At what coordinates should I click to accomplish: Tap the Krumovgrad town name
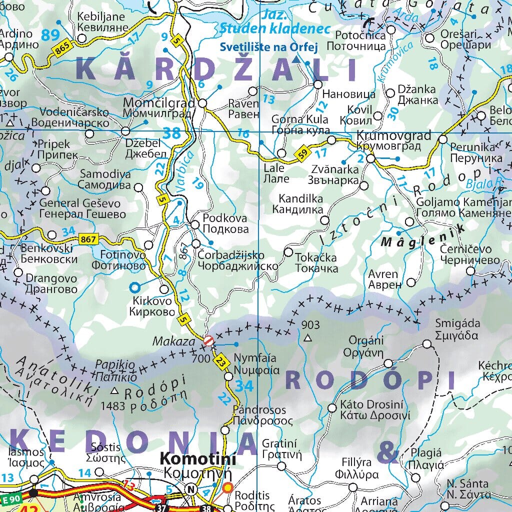coord(394,136)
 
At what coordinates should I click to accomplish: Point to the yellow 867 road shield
coord(88,239)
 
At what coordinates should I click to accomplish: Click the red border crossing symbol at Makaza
coord(209,340)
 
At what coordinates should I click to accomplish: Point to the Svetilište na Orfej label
coord(269,47)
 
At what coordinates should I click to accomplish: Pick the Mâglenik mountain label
coord(422,235)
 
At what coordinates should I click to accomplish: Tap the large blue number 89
coord(50,35)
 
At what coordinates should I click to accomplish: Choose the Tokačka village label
coord(316,258)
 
